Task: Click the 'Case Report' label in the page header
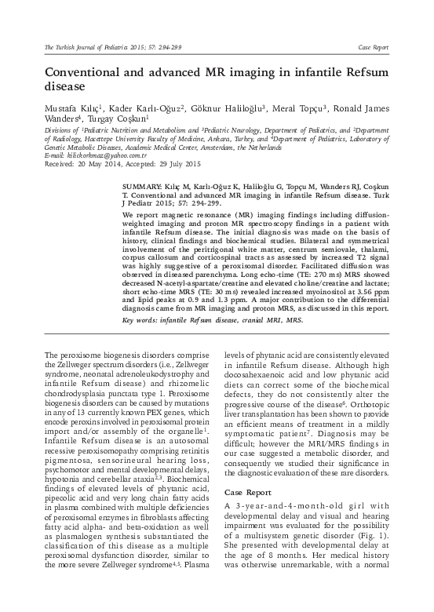[x=373, y=48]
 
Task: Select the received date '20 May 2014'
[x=95, y=163]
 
